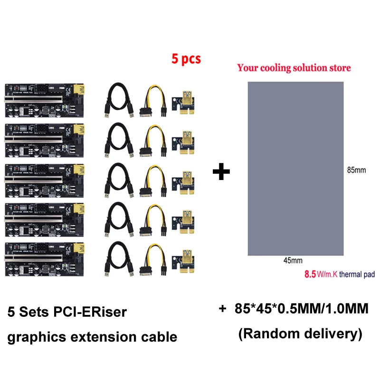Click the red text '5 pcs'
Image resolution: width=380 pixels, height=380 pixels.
[x=186, y=59]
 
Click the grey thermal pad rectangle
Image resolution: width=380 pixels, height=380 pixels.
[x=295, y=168]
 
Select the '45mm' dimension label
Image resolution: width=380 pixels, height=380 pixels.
[x=293, y=260]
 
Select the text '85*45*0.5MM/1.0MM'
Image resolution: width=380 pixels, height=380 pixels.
[x=301, y=309]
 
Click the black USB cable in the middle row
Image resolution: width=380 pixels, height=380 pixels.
[x=118, y=180]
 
